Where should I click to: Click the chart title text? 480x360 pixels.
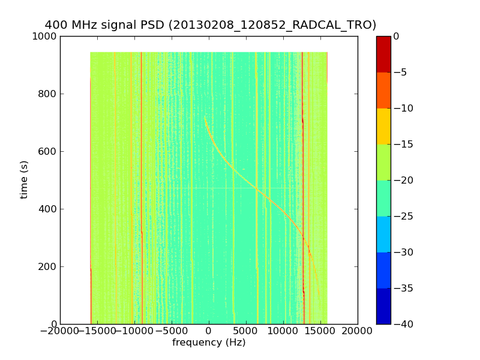click(x=211, y=25)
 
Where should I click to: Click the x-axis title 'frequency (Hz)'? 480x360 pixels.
click(x=209, y=343)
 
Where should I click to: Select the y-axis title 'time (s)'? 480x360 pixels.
click(x=25, y=179)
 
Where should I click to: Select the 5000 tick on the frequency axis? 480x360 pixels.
click(x=246, y=331)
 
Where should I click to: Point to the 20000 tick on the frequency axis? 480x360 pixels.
click(x=358, y=331)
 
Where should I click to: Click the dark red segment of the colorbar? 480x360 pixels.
click(x=383, y=54)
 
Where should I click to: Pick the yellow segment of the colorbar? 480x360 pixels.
click(x=383, y=126)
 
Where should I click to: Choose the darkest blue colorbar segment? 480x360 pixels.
click(x=383, y=306)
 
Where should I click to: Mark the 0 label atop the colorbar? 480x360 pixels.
click(x=396, y=37)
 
